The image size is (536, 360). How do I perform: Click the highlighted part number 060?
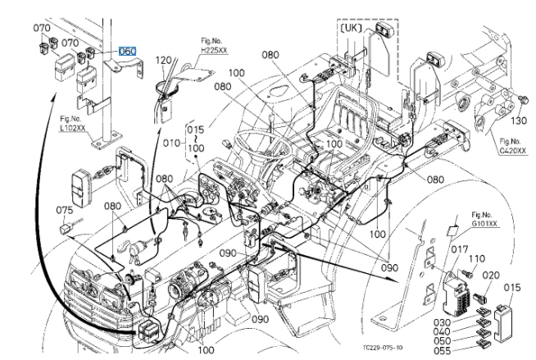tap(127, 51)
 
